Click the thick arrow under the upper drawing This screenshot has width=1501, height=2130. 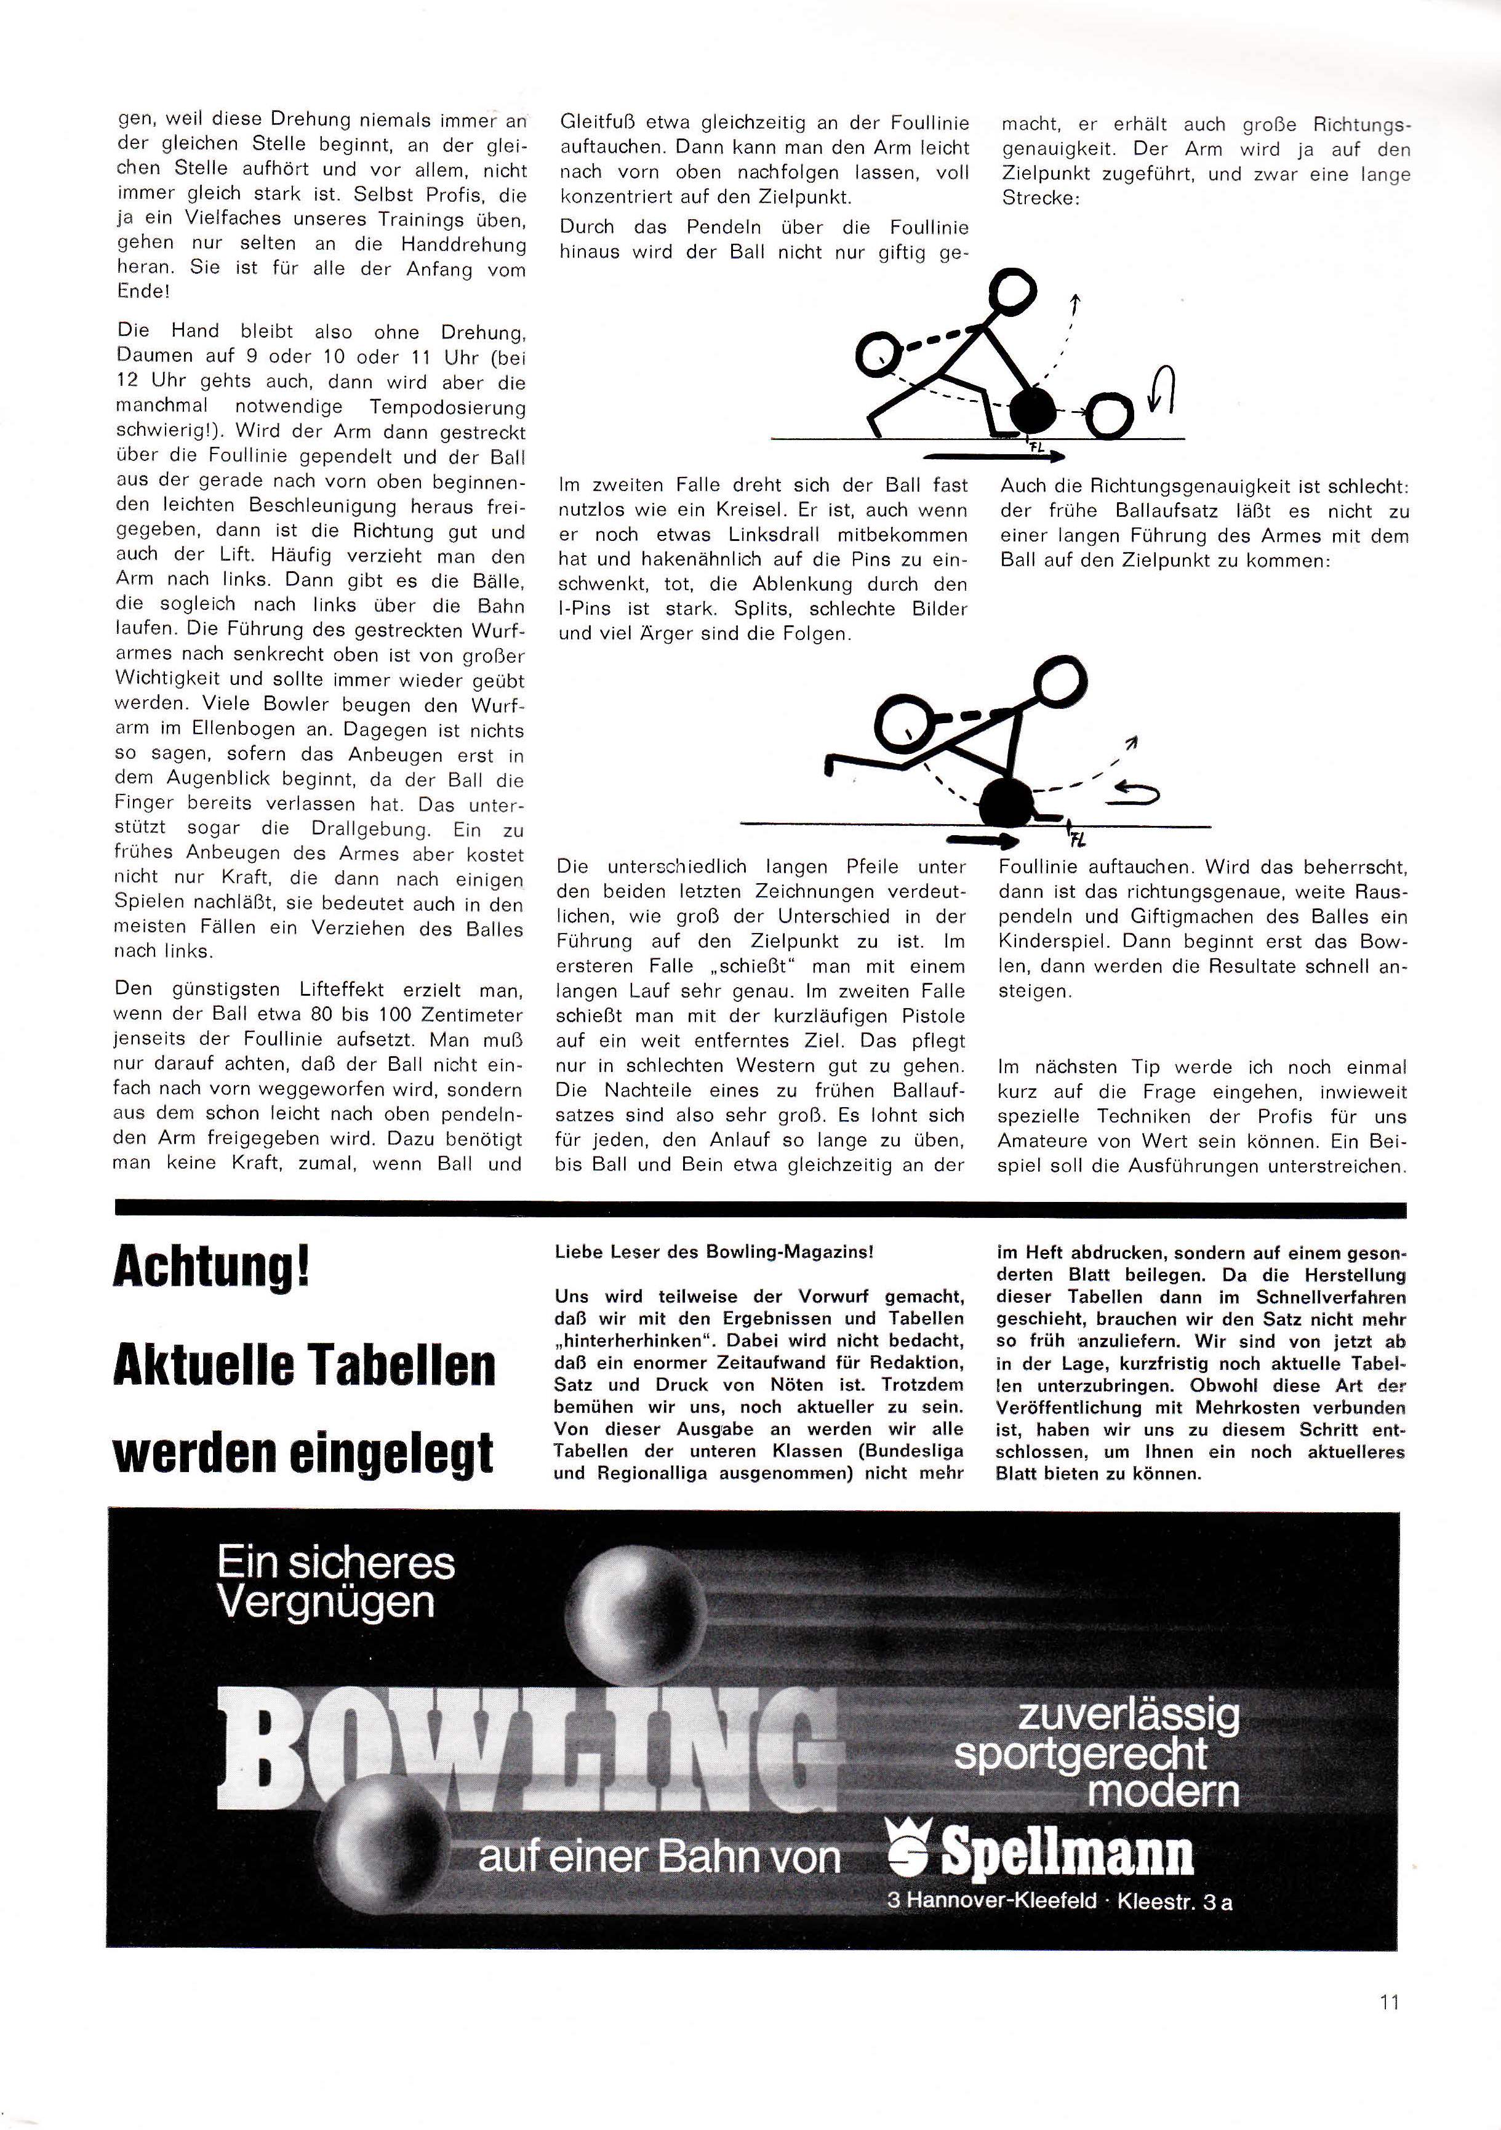pyautogui.click(x=993, y=455)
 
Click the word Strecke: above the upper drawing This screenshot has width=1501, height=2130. pyautogui.click(x=1041, y=199)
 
